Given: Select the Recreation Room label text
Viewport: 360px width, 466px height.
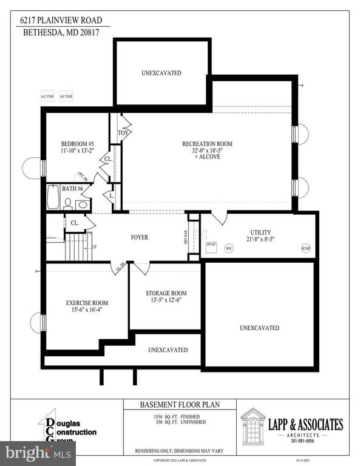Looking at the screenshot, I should (207, 144).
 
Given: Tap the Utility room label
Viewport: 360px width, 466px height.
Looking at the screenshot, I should (260, 232).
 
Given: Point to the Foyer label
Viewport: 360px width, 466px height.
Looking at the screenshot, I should (139, 238).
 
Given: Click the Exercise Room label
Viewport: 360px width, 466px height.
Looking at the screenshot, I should (86, 303).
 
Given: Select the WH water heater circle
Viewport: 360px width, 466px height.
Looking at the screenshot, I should (229, 248).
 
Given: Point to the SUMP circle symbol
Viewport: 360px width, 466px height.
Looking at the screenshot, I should (305, 248).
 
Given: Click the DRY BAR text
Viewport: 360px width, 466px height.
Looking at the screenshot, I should (186, 237).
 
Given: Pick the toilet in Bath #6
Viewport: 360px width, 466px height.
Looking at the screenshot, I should (69, 203).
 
